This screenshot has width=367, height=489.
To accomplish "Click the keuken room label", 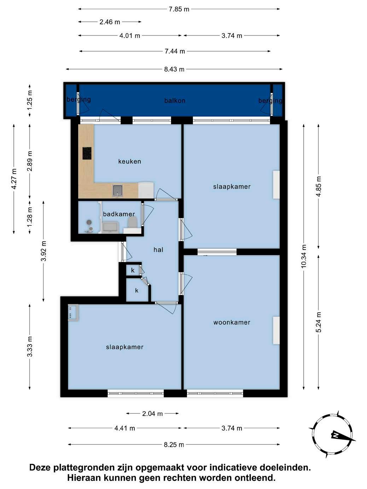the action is point(129,161).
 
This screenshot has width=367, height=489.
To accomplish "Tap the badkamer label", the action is point(119,214).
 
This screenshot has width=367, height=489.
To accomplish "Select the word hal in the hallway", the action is point(158,250).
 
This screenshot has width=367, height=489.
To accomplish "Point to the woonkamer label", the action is point(232,322).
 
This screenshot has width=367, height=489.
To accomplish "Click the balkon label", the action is point(175,101).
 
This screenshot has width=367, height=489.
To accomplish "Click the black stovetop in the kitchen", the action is point(87,153).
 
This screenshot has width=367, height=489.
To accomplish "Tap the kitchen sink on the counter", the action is point(118,191).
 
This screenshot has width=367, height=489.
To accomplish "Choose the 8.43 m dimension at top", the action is point(174,69).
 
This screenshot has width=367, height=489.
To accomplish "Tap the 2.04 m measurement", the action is point(152,414).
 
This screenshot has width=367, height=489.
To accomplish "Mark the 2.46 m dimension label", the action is point(110,22).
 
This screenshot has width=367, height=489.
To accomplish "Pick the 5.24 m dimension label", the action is point(319,322).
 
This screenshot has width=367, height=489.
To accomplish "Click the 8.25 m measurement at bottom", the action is point(174,445).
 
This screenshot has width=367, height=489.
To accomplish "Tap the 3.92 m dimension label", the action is point(43,251).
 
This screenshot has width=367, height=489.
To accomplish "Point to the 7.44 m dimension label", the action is point(175,51).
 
